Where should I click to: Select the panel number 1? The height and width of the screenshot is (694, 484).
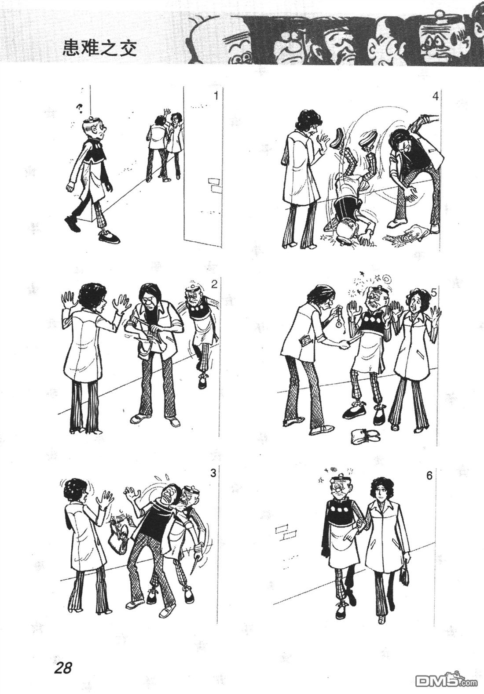216,96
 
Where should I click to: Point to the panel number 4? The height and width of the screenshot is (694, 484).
435,97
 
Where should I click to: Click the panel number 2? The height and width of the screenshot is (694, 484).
214,285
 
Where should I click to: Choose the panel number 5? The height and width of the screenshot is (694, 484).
434,292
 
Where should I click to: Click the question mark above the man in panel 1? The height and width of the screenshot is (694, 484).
80,108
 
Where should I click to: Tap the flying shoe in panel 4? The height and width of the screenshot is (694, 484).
337,138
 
